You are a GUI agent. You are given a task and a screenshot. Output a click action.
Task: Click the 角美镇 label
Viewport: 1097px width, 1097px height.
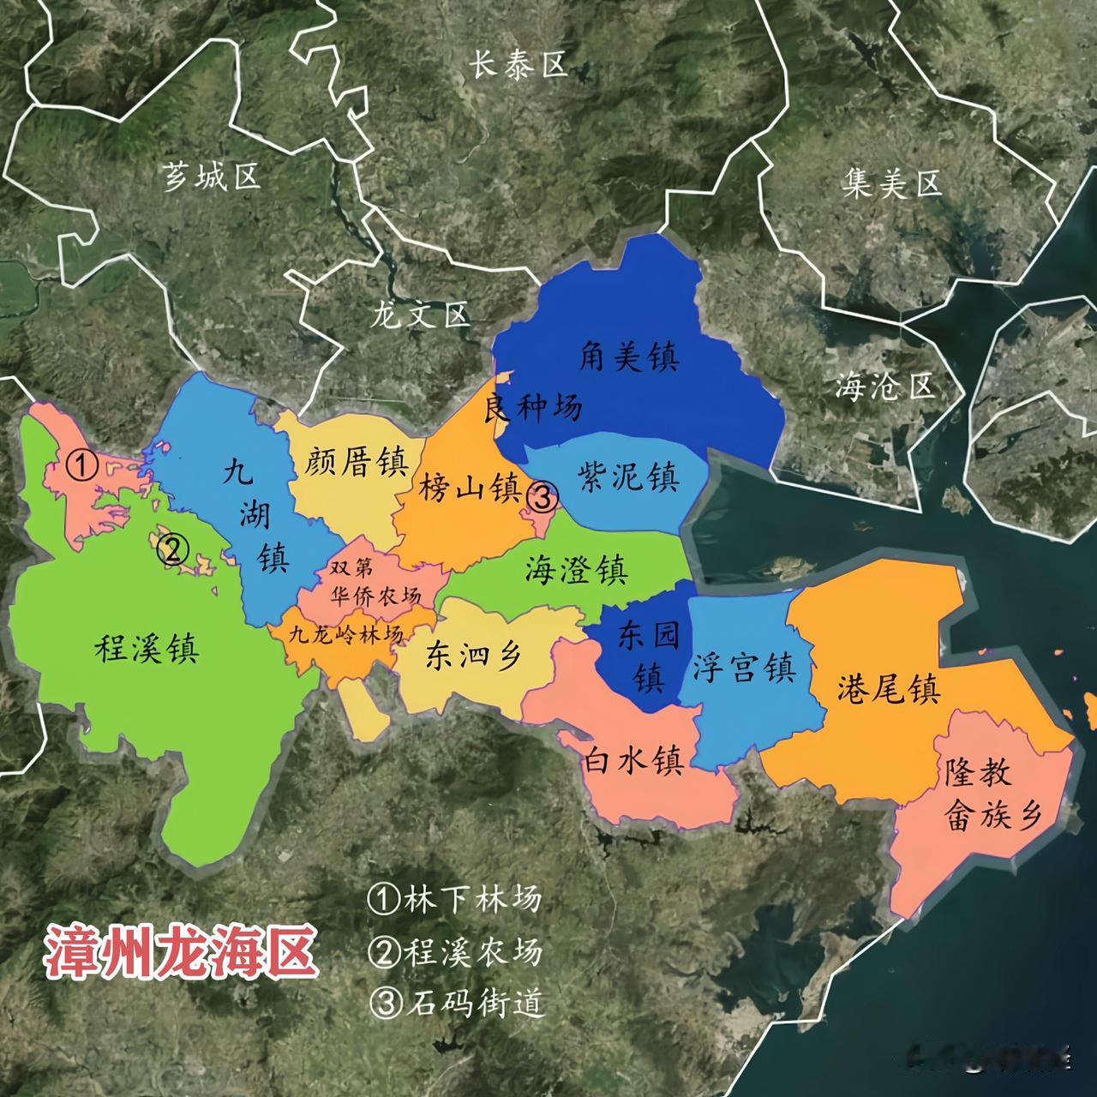pyautogui.click(x=628, y=357)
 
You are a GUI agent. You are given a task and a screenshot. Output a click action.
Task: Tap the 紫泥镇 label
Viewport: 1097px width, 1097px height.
pyautogui.click(x=628, y=477)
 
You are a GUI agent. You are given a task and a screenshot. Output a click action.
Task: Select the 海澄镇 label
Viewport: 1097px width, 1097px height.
pyautogui.click(x=577, y=570)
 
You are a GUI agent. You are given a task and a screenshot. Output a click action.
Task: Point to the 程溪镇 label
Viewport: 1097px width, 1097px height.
pyautogui.click(x=147, y=649)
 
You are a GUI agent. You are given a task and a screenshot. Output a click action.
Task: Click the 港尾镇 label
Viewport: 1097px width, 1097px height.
pyautogui.click(x=889, y=688)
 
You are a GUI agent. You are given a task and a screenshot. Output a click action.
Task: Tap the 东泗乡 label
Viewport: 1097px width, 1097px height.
pyautogui.click(x=473, y=656)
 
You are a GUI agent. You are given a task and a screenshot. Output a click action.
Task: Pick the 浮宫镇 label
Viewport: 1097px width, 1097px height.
pyautogui.click(x=744, y=668)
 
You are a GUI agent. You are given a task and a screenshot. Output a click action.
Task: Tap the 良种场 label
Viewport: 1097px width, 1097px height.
pyautogui.click(x=533, y=408)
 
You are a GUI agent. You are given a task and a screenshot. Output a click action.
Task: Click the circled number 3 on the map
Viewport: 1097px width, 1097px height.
pyautogui.click(x=542, y=496)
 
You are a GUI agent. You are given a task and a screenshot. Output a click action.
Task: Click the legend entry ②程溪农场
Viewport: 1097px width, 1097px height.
pyautogui.click(x=455, y=950)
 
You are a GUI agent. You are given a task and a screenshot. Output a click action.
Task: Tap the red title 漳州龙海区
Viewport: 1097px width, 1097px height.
pyautogui.click(x=180, y=950)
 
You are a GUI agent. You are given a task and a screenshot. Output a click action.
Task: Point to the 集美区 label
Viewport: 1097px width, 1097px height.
pyautogui.click(x=891, y=184)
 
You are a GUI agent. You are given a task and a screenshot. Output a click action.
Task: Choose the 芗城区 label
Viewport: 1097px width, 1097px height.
pyautogui.click(x=211, y=178)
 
